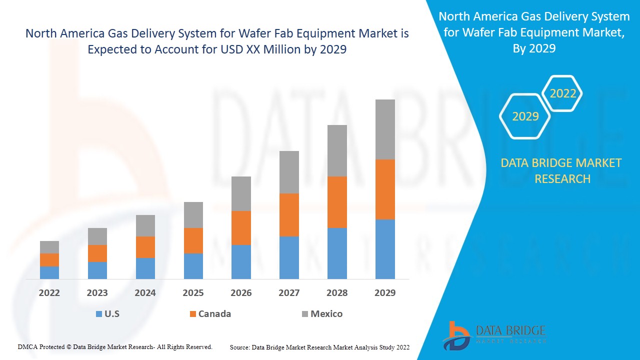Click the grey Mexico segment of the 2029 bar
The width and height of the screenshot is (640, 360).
(385, 129)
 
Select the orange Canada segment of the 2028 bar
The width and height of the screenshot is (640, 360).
(337, 202)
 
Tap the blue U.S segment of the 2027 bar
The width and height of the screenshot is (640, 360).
(289, 257)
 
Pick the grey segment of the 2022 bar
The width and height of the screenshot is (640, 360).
(49, 247)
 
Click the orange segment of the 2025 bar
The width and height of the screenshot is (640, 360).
(193, 240)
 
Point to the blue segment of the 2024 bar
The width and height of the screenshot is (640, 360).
(145, 268)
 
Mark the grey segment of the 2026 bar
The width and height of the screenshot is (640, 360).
(241, 193)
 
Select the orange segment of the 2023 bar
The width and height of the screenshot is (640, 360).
(97, 253)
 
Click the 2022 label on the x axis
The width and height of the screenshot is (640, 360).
(49, 293)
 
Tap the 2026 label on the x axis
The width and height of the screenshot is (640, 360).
(241, 293)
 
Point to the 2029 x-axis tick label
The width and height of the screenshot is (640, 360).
(385, 293)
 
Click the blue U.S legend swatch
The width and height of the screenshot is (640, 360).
(98, 314)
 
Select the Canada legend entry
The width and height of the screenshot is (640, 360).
(214, 314)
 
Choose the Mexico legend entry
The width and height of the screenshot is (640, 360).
(326, 314)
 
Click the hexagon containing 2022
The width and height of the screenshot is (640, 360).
(562, 93)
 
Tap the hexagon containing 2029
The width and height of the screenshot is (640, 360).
(525, 116)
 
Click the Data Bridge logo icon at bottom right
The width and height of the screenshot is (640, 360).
(456, 335)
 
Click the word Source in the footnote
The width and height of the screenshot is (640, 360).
(239, 347)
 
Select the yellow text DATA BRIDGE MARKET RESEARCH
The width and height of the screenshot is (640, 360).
(562, 170)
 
